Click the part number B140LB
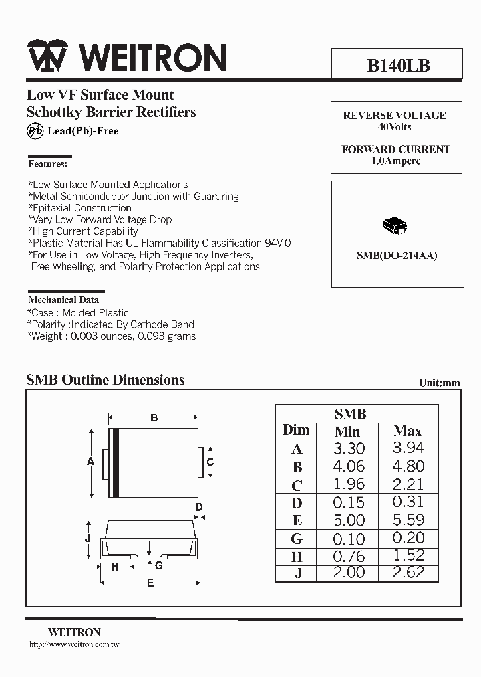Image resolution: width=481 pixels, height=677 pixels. (x=398, y=66)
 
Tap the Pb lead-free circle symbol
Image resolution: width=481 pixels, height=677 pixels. (x=35, y=131)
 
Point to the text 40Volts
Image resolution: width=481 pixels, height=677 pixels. (x=395, y=127)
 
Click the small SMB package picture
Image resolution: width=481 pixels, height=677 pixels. (x=395, y=227)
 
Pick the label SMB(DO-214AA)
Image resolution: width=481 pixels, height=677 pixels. (x=396, y=256)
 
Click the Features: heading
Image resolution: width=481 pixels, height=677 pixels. (x=47, y=164)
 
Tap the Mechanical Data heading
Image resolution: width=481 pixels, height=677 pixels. (x=63, y=300)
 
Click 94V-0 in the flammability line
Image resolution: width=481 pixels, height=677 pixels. (x=277, y=244)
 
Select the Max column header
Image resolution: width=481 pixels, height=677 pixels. (x=408, y=431)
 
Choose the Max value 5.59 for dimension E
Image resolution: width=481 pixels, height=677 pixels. (x=409, y=520)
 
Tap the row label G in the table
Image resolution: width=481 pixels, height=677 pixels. (x=297, y=539)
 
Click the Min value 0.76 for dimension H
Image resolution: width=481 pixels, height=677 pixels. (x=348, y=557)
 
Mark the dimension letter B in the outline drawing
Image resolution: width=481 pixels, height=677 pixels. (x=154, y=418)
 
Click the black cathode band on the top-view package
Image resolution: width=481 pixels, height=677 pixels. (x=116, y=463)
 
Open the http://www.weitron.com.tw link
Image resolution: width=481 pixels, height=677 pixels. (x=74, y=644)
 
